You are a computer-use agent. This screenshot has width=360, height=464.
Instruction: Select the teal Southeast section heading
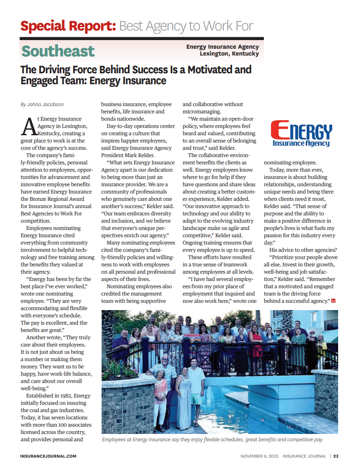58,51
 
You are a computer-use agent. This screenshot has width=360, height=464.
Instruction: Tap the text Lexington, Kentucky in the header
229,54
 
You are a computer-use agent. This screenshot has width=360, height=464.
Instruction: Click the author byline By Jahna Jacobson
42,104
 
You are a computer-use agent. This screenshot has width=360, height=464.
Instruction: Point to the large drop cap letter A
28,127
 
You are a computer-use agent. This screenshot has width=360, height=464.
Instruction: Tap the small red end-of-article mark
334,301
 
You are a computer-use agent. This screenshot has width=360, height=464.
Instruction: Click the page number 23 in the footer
336,456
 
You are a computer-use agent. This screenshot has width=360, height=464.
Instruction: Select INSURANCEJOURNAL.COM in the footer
48,456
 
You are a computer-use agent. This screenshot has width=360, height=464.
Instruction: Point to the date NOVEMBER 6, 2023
259,456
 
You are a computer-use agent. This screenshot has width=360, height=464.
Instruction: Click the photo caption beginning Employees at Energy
212,440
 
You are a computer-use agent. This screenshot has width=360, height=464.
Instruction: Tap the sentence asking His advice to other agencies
303,250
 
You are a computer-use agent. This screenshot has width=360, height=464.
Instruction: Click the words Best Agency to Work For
186,26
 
